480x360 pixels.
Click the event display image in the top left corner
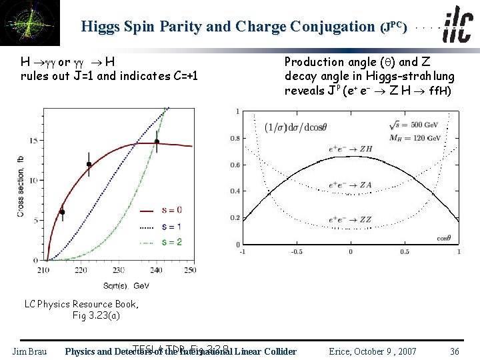point(30,23)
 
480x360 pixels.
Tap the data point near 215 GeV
point(62,212)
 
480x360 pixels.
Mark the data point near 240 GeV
point(157,141)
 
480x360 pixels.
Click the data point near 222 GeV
point(89,164)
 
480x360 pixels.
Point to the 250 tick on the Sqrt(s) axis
point(190,269)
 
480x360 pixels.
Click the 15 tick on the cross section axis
point(33,140)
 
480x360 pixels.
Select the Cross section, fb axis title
point(21,186)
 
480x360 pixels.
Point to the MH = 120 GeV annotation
point(416,138)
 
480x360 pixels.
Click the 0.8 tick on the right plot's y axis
point(235,139)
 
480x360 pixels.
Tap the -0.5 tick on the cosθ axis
point(295,252)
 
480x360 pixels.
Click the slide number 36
point(454,351)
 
